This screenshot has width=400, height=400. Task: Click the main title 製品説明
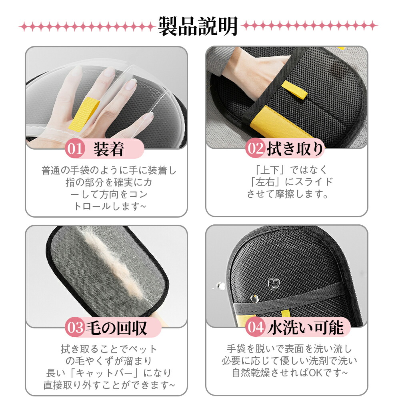point(198,26)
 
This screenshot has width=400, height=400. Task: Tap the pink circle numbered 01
point(75,149)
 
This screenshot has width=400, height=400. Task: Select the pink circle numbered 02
point(255,148)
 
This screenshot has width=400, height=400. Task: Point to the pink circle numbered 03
point(75,327)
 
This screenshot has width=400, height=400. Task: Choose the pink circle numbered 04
point(255,327)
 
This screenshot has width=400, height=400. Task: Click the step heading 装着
point(109,149)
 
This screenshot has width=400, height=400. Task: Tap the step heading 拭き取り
point(295,148)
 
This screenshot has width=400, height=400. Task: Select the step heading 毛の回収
point(116,328)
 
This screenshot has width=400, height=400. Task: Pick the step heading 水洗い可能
point(305,327)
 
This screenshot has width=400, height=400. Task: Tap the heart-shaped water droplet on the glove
point(274,284)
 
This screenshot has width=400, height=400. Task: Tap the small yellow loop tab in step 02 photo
point(295,90)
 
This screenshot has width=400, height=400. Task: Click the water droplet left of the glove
point(220,286)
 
